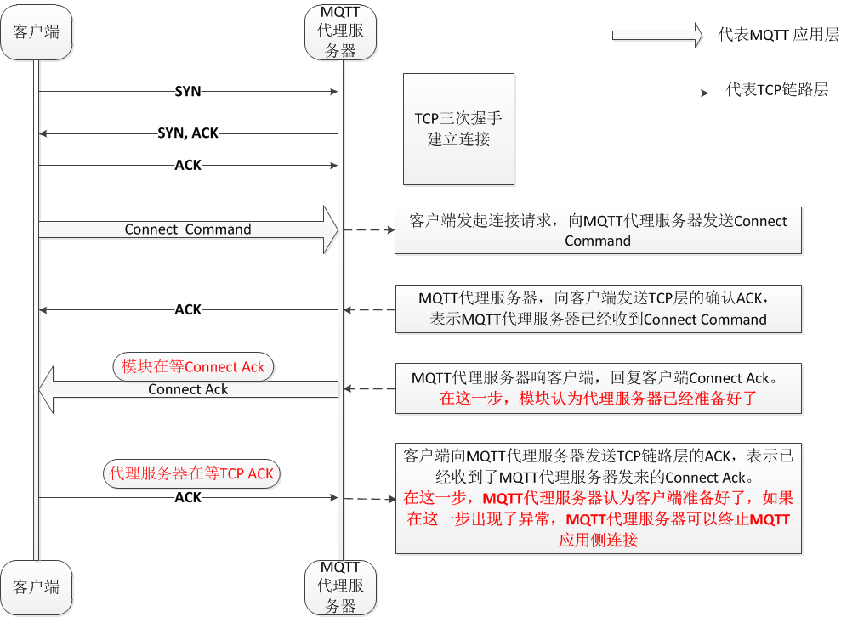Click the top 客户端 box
click(37, 33)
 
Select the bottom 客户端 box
click(37, 586)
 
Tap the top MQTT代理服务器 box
click(340, 33)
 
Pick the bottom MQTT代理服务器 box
click(340, 586)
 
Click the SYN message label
click(188, 90)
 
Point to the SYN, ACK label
click(188, 133)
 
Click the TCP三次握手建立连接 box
click(458, 129)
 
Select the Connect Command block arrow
click(188, 229)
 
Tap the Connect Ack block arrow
click(188, 389)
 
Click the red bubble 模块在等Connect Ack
click(193, 366)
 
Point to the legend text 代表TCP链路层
click(776, 90)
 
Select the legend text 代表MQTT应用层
click(778, 35)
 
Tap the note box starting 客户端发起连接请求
click(598, 230)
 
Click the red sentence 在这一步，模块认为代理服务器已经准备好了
click(598, 398)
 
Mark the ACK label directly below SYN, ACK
click(188, 165)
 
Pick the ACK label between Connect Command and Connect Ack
click(188, 309)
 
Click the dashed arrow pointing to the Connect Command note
click(368, 229)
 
